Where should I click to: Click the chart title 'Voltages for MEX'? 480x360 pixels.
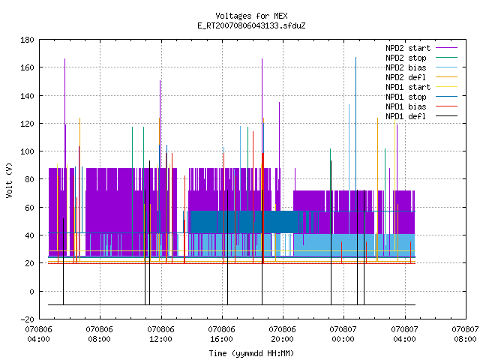coord(251,16)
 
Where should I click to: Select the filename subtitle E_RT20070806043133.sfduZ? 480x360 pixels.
coord(251,25)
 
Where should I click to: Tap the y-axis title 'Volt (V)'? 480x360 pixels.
coord(10,180)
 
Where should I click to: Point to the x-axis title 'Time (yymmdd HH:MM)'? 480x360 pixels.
coord(251,353)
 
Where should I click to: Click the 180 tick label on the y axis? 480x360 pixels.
coord(27,40)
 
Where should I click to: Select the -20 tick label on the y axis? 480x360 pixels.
coord(27,319)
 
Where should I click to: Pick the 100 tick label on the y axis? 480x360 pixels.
coord(27,151)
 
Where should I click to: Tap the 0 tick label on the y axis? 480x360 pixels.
coord(31,292)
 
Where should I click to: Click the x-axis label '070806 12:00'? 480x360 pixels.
coord(160,334)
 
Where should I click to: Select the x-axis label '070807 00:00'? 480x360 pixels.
coord(343,334)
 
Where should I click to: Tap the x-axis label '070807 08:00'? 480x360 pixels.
coord(465,334)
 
